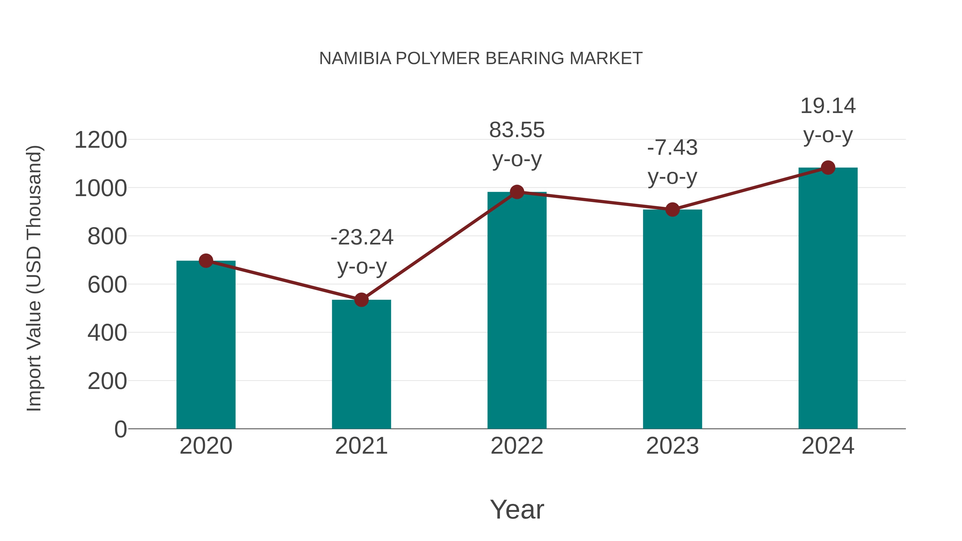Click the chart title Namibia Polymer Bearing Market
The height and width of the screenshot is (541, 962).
(481, 59)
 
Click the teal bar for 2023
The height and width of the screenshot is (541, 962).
(672, 319)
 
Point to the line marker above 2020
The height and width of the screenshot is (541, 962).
(206, 260)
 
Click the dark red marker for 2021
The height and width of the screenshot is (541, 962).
(361, 299)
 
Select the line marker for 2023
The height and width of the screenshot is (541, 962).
(672, 209)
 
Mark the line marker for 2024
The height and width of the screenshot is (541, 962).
(828, 168)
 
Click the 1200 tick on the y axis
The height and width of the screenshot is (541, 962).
(100, 140)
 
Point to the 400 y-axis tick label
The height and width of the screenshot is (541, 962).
(107, 333)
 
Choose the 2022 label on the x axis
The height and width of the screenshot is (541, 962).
(517, 446)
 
